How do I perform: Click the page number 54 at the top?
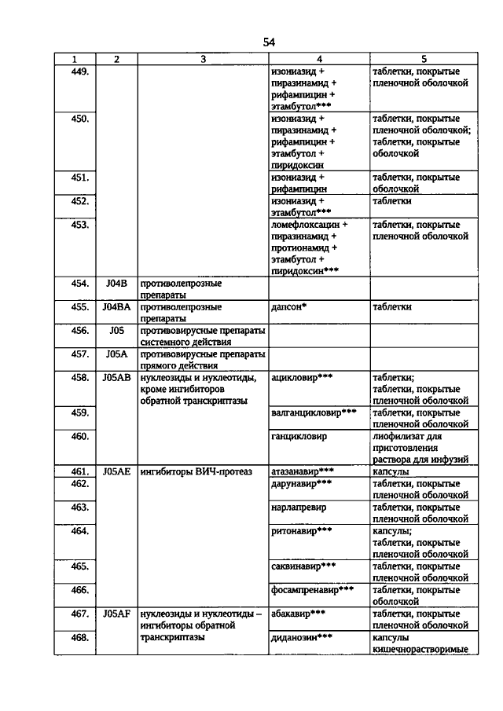[269, 42]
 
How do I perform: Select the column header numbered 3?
[202, 59]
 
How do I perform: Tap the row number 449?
[79, 71]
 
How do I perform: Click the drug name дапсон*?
[288, 307]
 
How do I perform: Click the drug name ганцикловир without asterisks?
[298, 436]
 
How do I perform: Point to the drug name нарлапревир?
[299, 508]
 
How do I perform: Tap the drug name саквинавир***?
[303, 566]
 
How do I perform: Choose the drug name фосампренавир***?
[311, 590]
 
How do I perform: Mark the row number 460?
[79, 436]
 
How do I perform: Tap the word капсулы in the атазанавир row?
[391, 472]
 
